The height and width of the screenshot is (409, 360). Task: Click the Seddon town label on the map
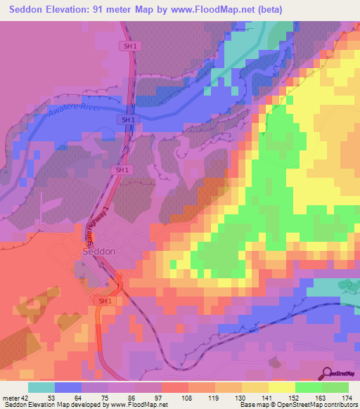tap(95, 250)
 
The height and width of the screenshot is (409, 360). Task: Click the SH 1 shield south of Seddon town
tap(105, 301)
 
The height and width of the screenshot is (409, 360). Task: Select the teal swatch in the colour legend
tap(41, 387)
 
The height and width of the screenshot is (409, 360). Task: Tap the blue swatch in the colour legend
tap(67, 387)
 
